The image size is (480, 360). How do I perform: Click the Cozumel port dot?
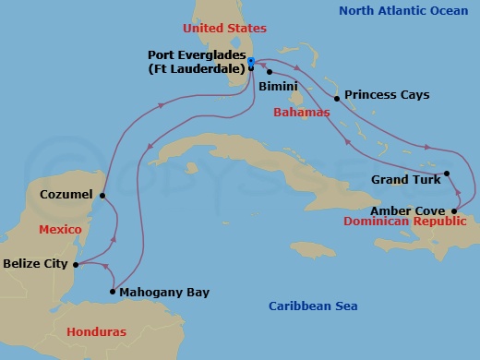[x=102, y=196]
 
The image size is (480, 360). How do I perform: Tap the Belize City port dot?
[x=75, y=264]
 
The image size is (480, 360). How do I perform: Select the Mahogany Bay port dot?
[x=113, y=293]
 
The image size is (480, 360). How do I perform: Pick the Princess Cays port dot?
[x=337, y=98]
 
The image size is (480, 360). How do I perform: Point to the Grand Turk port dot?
[x=446, y=174]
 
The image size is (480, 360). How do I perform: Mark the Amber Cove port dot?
[x=453, y=210]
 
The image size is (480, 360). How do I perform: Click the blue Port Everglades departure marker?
[x=251, y=62]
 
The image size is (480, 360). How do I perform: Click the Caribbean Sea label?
[x=313, y=306]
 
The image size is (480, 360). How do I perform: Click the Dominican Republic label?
[x=402, y=222]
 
